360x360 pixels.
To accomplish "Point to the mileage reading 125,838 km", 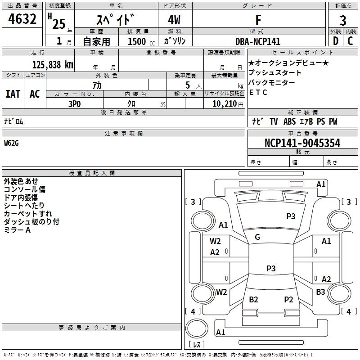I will [53, 64].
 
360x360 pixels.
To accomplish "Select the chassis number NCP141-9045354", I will [302, 143].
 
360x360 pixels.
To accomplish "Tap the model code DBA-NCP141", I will [258, 41].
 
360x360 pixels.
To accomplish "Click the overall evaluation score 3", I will [343, 20].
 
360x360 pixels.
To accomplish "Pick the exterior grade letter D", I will [335, 41].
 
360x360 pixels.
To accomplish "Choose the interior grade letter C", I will [351, 41].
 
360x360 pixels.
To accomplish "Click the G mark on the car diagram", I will [257, 237].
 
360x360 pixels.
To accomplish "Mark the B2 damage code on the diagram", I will [253, 300].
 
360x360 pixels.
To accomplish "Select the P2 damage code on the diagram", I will [288, 300].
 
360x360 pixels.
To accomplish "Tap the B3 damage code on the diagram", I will [320, 292].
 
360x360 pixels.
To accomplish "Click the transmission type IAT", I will [13, 94].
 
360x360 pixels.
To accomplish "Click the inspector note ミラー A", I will [17, 230].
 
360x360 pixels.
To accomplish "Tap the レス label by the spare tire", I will [198, 344].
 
